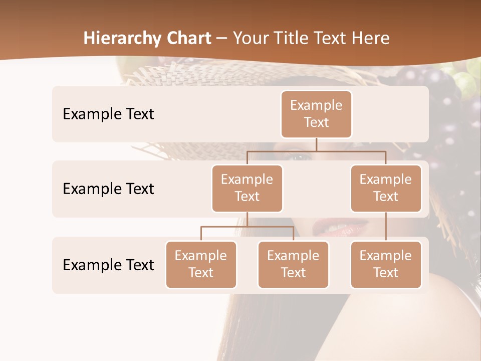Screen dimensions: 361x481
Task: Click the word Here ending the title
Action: [370, 38]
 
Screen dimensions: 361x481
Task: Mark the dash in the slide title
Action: [222, 39]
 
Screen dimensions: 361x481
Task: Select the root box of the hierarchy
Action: [316, 114]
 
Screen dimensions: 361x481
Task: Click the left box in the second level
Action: [247, 188]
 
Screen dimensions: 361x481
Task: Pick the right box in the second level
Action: [386, 188]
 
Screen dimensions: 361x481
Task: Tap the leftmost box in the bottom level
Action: [201, 264]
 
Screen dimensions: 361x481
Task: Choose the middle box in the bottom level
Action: [293, 264]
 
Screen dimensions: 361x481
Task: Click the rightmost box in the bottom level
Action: [386, 264]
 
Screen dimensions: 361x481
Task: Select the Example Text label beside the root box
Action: [108, 114]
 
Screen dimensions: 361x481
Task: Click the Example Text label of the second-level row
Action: [108, 189]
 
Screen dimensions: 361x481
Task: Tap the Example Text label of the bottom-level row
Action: [108, 265]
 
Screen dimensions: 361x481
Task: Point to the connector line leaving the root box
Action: [316, 144]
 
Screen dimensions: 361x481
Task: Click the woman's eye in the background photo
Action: [299, 157]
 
